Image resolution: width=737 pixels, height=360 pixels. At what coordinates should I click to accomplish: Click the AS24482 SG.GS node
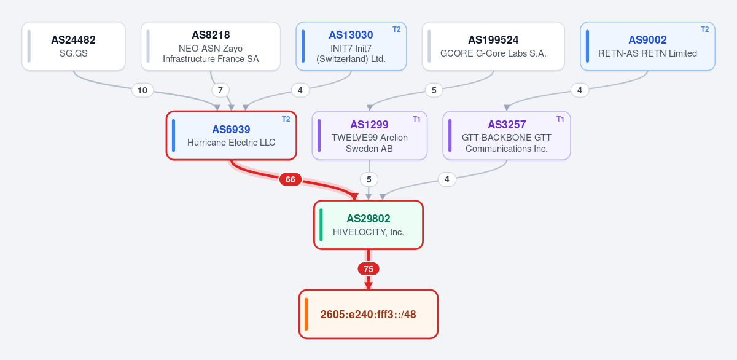74,46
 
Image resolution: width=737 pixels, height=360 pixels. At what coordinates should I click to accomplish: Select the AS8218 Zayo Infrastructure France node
211,46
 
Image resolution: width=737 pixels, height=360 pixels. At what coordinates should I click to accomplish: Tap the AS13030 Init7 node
351,46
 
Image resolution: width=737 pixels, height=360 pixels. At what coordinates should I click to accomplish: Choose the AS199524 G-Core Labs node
493,46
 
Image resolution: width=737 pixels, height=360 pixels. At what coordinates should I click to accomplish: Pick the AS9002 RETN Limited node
647,46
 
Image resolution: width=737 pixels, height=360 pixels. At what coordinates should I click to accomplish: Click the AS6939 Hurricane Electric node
232,136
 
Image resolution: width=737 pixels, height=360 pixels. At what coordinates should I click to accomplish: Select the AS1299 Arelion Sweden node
370,136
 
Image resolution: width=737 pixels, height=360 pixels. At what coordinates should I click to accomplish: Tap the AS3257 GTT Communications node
507,136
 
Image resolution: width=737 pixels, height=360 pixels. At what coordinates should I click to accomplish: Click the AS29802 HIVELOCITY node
368,225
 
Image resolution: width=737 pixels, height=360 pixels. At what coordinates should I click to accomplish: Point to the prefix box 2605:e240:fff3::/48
368,315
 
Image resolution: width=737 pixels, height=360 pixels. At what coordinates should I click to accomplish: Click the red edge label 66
290,179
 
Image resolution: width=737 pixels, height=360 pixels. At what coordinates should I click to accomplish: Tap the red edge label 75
368,269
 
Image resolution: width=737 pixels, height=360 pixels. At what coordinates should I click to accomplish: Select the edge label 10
142,90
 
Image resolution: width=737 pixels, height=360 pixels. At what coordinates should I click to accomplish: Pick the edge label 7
220,90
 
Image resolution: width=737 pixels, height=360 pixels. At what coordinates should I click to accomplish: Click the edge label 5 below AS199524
434,90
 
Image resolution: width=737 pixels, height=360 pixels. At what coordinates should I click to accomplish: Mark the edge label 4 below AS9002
580,90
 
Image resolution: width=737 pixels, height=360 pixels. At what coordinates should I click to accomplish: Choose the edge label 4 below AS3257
447,179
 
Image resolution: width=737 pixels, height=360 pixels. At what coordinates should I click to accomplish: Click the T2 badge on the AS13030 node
397,29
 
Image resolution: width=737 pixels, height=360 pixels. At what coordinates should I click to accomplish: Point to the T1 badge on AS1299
416,119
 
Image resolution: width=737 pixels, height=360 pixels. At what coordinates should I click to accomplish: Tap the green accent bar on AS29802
321,225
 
